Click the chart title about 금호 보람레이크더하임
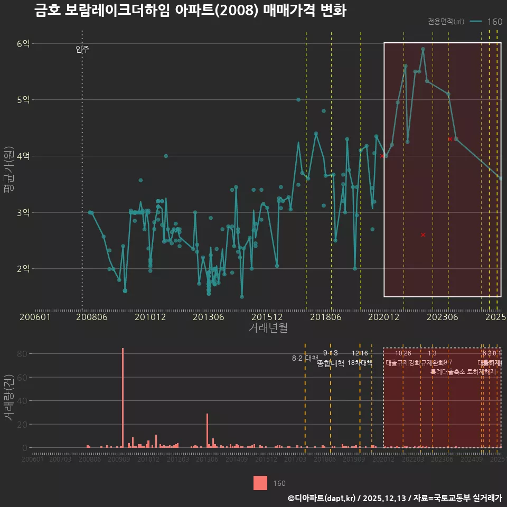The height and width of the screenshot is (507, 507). pos(190,11)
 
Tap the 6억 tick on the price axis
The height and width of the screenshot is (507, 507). pos(23,43)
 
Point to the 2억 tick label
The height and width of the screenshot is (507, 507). pos(23,269)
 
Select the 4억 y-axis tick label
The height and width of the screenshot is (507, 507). pos(23,156)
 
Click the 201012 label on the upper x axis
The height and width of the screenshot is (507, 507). pos(151,317)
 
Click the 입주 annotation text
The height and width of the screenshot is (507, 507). pos(82,50)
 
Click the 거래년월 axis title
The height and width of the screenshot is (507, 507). pos(268,328)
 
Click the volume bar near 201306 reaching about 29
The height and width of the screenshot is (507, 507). pos(207,430)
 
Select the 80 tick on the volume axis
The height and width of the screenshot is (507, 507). pos(22,354)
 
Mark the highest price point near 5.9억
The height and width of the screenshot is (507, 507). pos(423,49)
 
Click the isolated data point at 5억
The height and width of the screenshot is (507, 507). pos(298,99)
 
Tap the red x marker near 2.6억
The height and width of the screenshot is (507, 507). pos(423,234)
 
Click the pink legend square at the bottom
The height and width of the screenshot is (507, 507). pos(260,483)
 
